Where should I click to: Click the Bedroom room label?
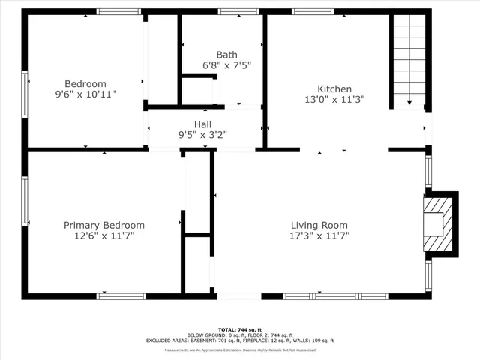(x=85, y=84)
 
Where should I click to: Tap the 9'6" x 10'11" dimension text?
(x=85, y=94)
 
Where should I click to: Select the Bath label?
(x=226, y=55)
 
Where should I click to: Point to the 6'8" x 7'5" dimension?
(x=226, y=65)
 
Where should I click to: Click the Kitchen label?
(x=334, y=89)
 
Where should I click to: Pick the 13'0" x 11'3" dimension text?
(x=334, y=100)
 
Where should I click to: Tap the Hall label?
(x=202, y=124)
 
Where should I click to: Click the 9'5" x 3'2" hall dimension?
(x=202, y=136)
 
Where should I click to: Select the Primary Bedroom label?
(x=103, y=225)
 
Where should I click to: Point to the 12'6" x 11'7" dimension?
(x=103, y=235)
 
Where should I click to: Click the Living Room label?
(x=319, y=225)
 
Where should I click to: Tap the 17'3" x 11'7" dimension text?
(x=319, y=235)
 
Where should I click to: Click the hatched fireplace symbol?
(x=438, y=223)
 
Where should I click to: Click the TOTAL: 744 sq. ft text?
(x=239, y=329)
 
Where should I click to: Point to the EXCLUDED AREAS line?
(x=239, y=340)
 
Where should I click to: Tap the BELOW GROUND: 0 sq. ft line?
(x=239, y=335)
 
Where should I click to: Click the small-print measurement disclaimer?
(x=239, y=349)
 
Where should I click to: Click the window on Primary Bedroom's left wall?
(x=25, y=199)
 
